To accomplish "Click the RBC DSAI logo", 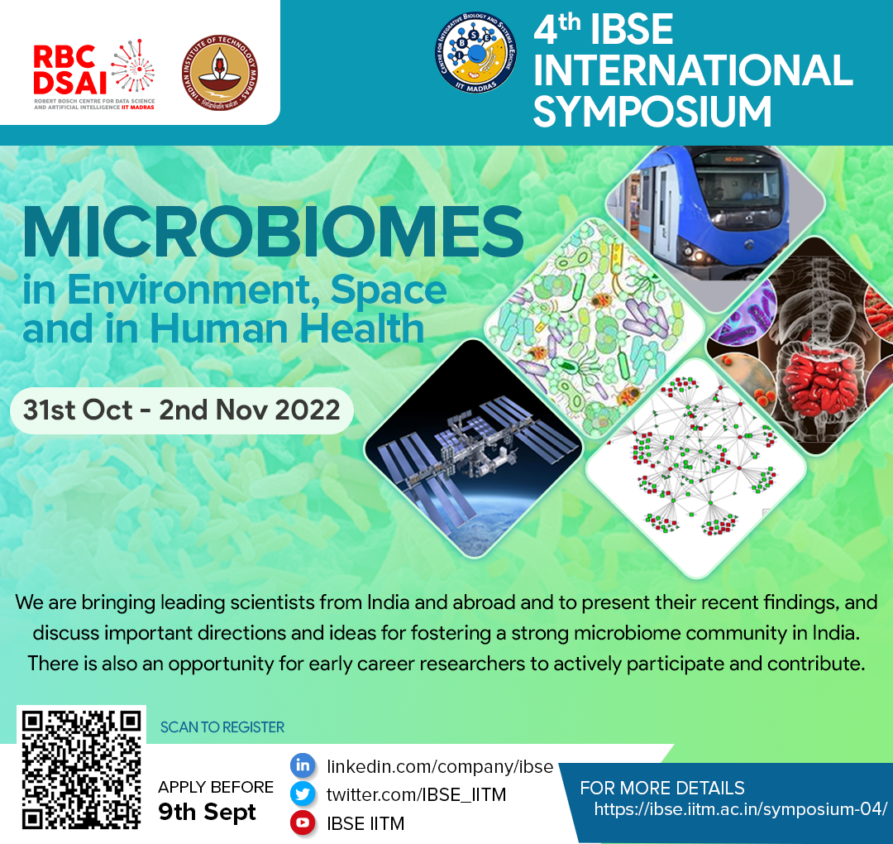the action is pos(94,74).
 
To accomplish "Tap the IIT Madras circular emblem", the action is pos(220,72).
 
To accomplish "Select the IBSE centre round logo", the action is pos(475,52).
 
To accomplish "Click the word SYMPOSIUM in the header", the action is pos(652,111).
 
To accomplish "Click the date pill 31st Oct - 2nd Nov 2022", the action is pos(182,410).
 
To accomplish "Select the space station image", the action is pos(474,448).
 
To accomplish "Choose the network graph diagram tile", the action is pos(696,468).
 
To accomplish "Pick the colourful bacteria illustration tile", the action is pos(595,328).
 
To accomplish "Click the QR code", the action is pos(81,770).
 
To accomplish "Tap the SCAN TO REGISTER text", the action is pos(222,727).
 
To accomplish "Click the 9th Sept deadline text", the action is pos(208,812).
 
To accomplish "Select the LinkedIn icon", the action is pos(303,765).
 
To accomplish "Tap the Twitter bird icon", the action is pos(303,794).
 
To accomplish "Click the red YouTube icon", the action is pos(303,823).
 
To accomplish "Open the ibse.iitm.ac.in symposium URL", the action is pos(740,808).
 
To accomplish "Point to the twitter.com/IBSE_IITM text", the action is pos(416,794).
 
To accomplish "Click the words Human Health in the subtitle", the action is pos(287,328).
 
